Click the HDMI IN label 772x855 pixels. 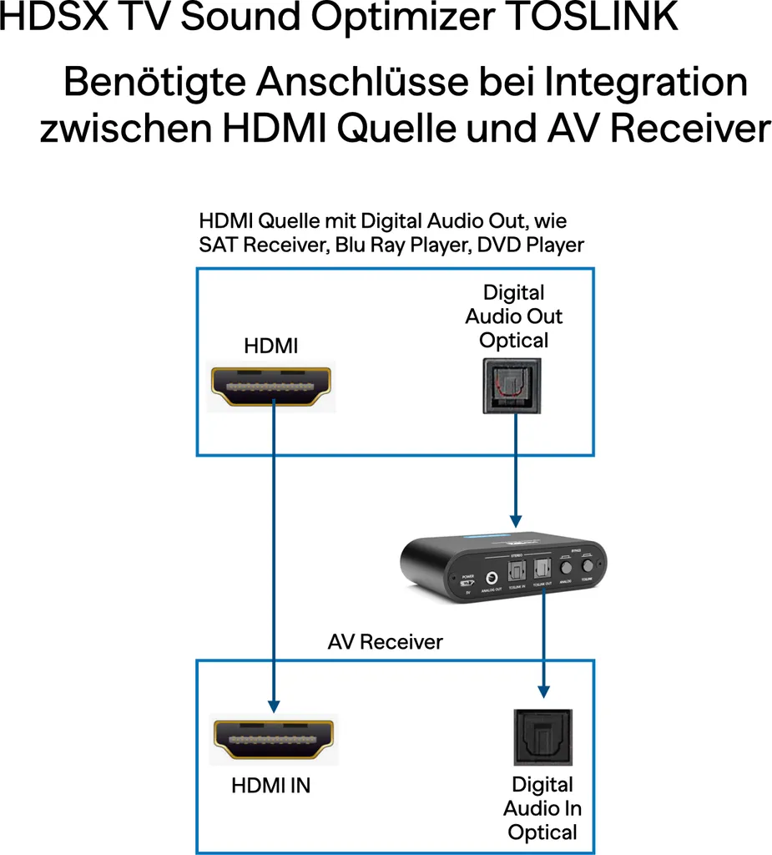pos(270,786)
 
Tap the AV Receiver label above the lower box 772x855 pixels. pos(385,641)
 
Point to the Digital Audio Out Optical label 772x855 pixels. pos(514,316)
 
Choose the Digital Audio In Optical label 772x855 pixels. pos(542,808)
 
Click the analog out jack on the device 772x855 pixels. pos(492,575)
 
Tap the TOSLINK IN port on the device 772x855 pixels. pos(516,571)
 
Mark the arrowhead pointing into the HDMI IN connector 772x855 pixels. pos(273,702)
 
